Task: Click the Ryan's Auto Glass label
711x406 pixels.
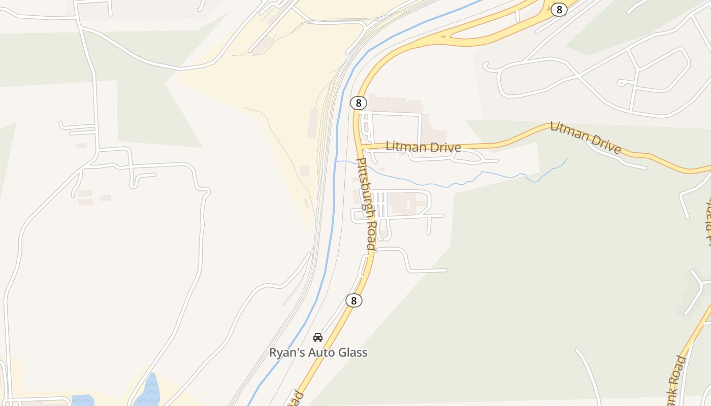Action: pos(318,352)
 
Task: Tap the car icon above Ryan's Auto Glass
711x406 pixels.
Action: pos(318,337)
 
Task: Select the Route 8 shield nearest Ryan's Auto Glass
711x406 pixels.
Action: pos(353,300)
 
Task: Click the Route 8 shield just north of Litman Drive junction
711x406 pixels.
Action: pos(358,103)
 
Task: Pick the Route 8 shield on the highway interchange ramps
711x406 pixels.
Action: pos(559,9)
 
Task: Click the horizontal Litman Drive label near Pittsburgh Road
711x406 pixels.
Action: pos(423,147)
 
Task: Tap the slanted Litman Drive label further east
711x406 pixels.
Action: pos(585,137)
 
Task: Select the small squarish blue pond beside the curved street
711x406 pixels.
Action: pos(83,400)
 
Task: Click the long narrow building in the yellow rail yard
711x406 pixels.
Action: pos(312,123)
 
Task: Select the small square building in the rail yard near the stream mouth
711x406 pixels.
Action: pos(304,171)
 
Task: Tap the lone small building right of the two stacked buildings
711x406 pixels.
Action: pos(105,197)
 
